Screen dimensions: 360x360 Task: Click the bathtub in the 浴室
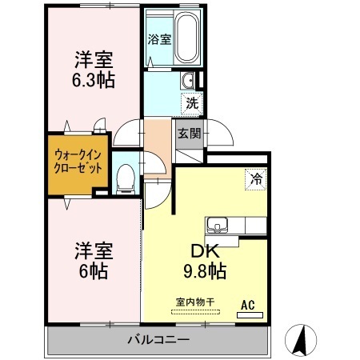point(187,37)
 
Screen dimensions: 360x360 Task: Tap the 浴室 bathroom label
point(159,39)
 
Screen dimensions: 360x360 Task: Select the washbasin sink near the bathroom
point(187,80)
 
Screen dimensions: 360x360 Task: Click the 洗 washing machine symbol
point(192,104)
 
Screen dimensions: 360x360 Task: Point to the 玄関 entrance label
point(190,134)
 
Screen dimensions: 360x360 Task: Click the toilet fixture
point(126,178)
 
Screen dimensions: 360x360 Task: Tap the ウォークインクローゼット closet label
point(78,162)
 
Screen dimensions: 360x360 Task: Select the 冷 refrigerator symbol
point(256,179)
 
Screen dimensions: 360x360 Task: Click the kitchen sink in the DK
point(218,226)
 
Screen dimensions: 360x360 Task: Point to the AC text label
point(248,305)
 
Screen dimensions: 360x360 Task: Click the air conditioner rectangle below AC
point(250,315)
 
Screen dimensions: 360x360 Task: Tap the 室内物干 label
point(195,302)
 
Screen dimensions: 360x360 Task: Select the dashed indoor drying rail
point(195,312)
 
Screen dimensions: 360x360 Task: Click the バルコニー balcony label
point(158,340)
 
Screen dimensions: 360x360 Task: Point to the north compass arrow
point(299,340)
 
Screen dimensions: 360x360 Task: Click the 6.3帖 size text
point(94,80)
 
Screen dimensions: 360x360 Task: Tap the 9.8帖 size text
point(205,271)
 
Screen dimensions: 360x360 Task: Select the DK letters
point(205,251)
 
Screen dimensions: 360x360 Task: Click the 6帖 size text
point(94,271)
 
